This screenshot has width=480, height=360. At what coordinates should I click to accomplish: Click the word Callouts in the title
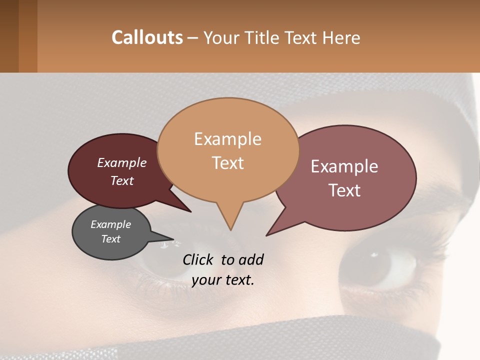pyautogui.click(x=147, y=37)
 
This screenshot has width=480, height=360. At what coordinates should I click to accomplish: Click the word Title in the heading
pyautogui.click(x=263, y=37)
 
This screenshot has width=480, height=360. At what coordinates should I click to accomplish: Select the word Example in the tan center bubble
pyautogui.click(x=227, y=139)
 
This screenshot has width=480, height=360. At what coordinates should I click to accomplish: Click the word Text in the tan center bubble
pyautogui.click(x=227, y=163)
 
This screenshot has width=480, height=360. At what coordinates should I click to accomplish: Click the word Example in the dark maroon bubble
pyautogui.click(x=121, y=162)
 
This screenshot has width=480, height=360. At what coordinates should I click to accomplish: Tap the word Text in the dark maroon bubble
pyautogui.click(x=121, y=180)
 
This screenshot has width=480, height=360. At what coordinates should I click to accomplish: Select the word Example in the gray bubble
pyautogui.click(x=110, y=224)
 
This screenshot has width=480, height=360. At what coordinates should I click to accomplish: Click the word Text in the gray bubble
pyautogui.click(x=110, y=239)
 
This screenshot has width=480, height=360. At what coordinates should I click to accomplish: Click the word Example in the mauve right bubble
pyautogui.click(x=344, y=166)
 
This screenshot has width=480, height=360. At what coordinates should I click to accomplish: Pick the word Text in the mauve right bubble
pyautogui.click(x=344, y=190)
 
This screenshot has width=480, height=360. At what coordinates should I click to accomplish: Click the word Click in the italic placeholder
pyautogui.click(x=197, y=259)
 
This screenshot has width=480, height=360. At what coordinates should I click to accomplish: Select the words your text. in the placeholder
pyautogui.click(x=223, y=280)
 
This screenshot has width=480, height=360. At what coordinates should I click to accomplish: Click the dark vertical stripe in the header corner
pyautogui.click(x=9, y=36)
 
